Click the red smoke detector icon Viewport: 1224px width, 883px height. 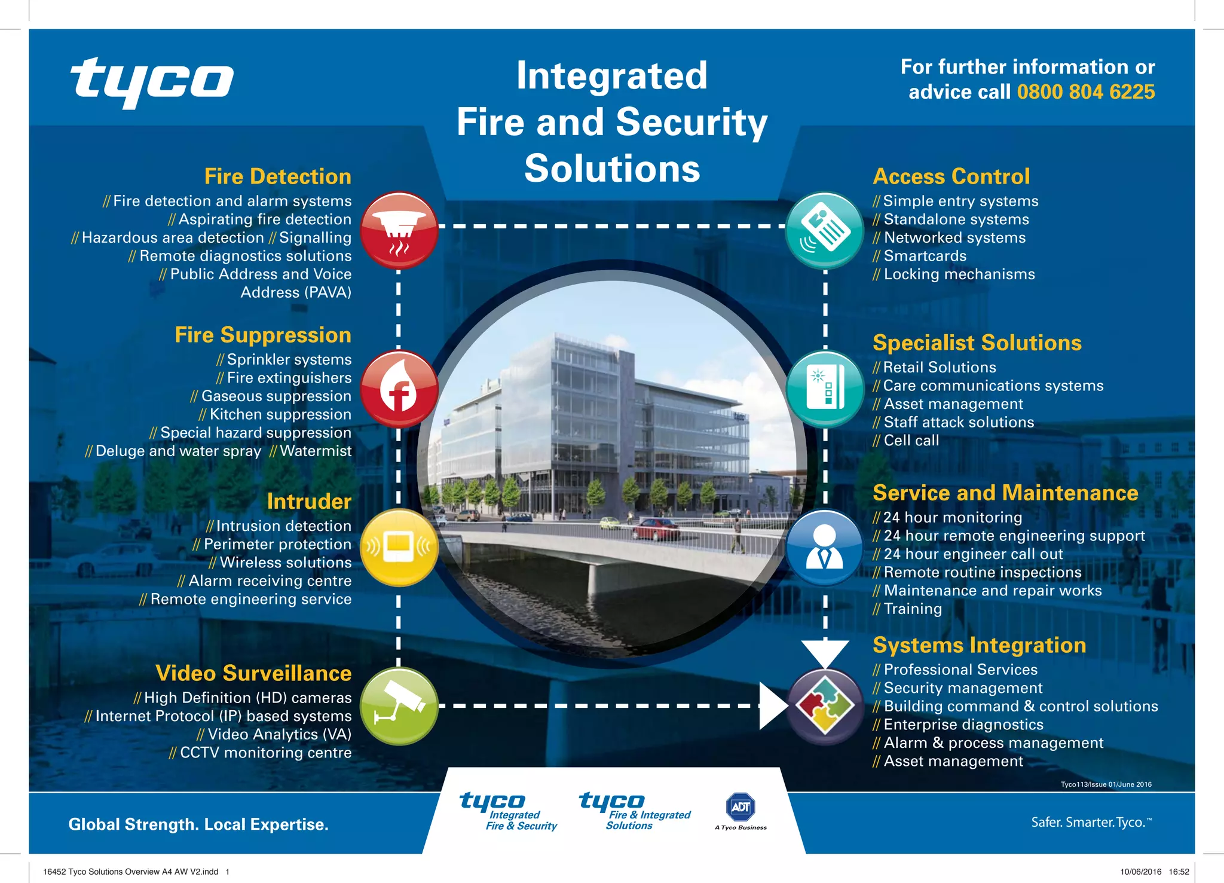[x=399, y=230]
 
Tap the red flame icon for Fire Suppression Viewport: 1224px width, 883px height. [x=399, y=389]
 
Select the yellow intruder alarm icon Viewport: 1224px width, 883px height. [x=399, y=547]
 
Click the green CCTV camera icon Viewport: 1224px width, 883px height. [x=399, y=706]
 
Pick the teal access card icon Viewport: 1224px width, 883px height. [x=825, y=230]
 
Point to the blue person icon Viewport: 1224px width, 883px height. [x=825, y=548]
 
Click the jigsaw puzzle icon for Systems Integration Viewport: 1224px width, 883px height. [x=825, y=706]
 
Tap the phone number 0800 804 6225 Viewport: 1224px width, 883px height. [x=1086, y=92]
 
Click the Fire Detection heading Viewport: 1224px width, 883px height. [x=278, y=177]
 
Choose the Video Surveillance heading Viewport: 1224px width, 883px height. [x=253, y=673]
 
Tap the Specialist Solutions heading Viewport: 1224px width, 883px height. [x=977, y=343]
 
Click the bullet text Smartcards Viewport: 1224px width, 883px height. [x=925, y=256]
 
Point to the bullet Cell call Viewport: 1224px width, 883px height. [x=911, y=441]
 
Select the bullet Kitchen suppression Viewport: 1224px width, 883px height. [x=280, y=414]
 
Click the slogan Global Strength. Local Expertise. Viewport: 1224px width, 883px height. [x=198, y=824]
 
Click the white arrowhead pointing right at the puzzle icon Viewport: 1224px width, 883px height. [x=772, y=706]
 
